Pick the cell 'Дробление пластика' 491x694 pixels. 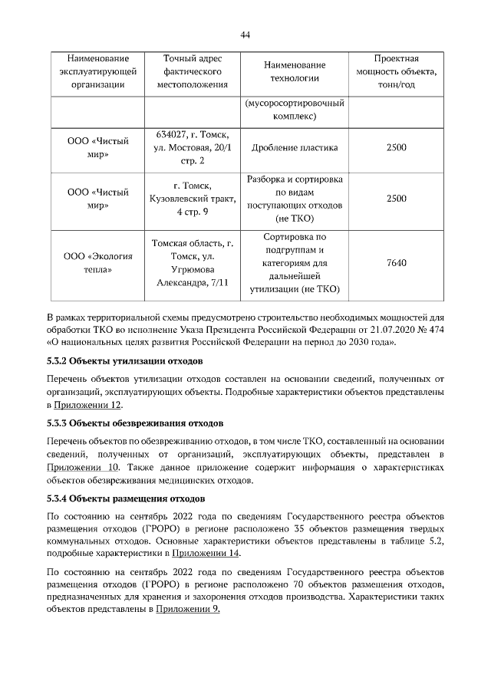[295, 147]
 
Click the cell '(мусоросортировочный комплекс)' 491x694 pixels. [295, 110]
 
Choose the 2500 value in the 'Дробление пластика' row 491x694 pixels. [397, 147]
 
